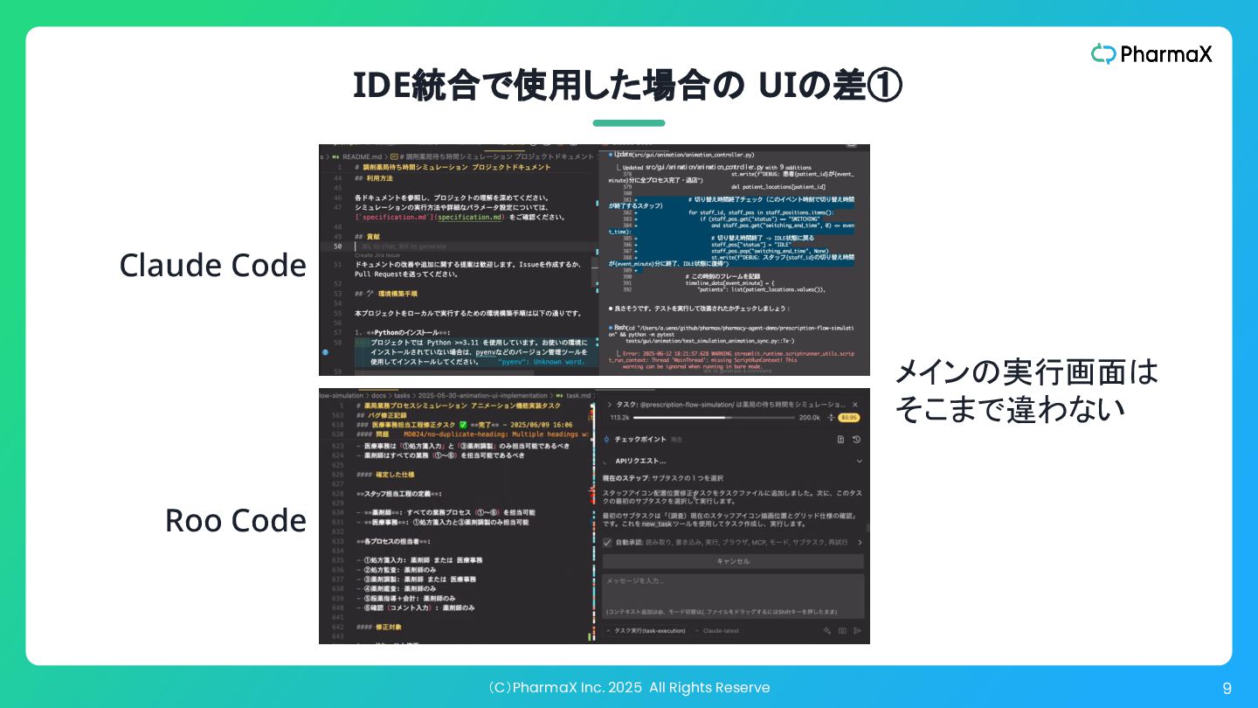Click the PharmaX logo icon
(x=1103, y=54)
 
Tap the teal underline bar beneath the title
(x=629, y=123)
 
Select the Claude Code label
(x=212, y=266)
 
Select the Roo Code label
(x=235, y=520)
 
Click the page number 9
(x=1227, y=689)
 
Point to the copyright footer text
(x=629, y=688)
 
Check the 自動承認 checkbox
(x=608, y=543)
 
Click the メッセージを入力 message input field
(x=732, y=581)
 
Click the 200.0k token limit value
(x=810, y=418)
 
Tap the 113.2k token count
(x=621, y=418)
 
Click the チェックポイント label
(x=640, y=440)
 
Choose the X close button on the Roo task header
(x=855, y=404)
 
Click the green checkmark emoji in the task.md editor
(x=462, y=424)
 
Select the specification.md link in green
(x=472, y=217)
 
